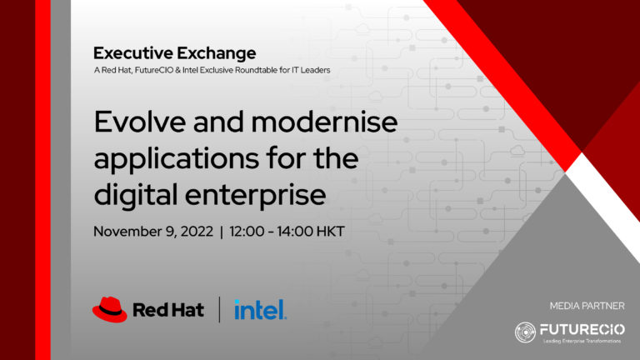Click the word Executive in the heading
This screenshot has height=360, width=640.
click(133, 53)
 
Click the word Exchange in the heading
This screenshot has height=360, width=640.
click(217, 53)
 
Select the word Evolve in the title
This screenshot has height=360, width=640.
click(140, 122)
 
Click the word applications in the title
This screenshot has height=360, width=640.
click(177, 158)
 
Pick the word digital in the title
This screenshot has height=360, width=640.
click(136, 194)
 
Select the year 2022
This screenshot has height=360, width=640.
click(197, 232)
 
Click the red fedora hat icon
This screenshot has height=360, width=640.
click(109, 310)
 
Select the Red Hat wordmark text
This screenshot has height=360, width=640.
click(168, 310)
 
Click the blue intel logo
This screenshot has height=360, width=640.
click(260, 310)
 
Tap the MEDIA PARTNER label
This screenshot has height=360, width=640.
click(587, 306)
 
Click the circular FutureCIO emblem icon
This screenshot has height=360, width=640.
click(525, 332)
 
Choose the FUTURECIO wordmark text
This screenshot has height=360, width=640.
click(582, 329)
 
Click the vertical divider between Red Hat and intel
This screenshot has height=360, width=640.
click(220, 309)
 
